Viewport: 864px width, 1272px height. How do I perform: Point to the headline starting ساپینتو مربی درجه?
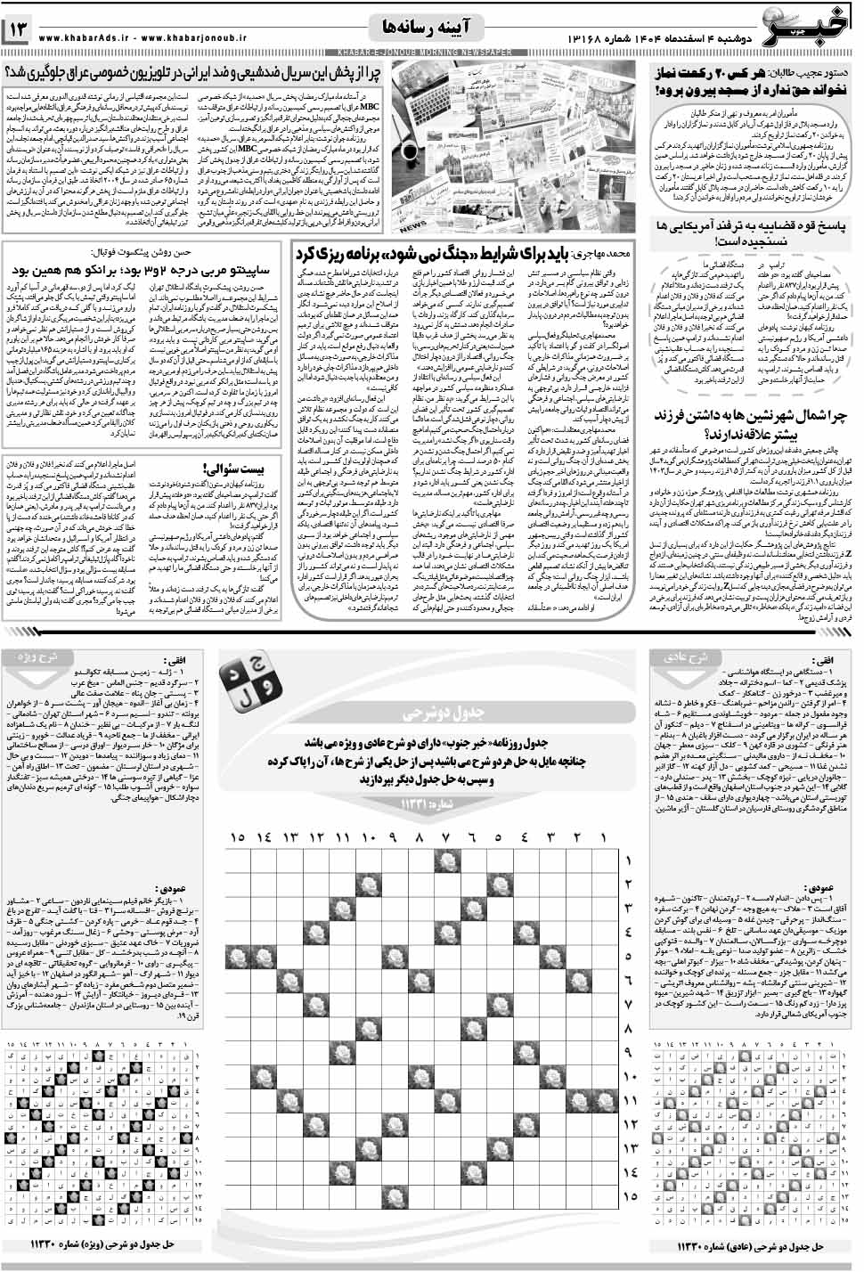pyautogui.click(x=143, y=267)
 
